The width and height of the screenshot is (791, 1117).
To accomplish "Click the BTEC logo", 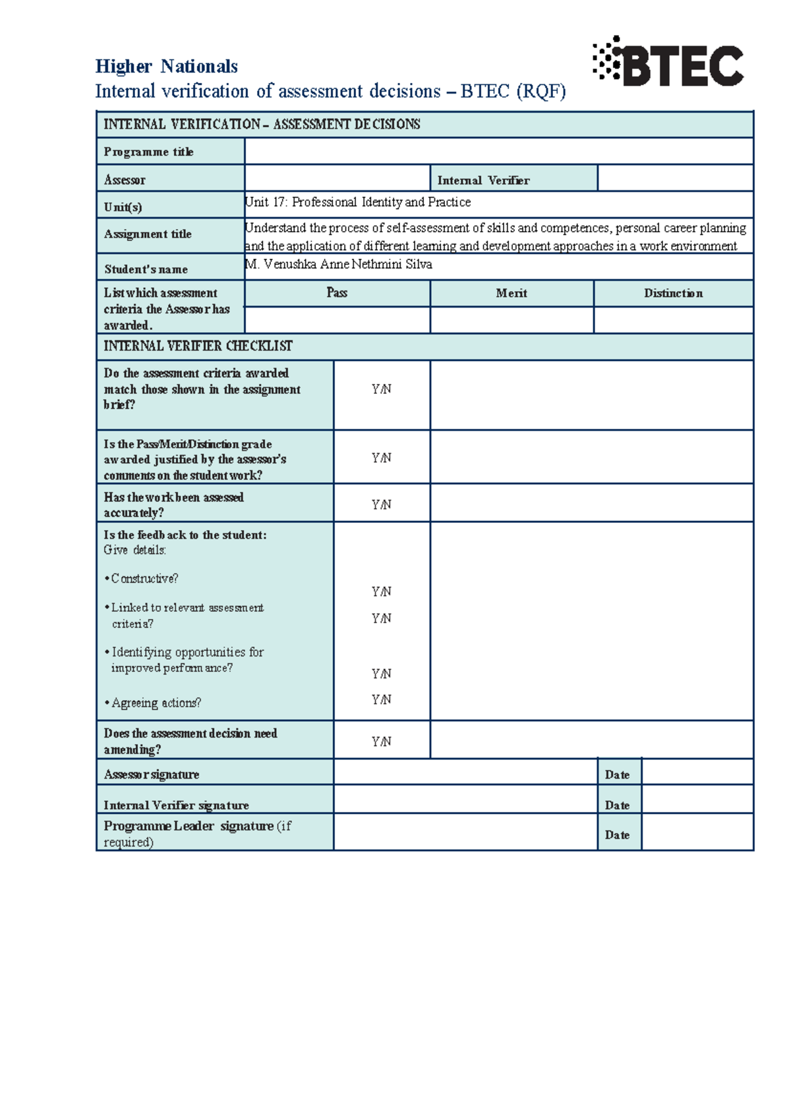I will [668, 63].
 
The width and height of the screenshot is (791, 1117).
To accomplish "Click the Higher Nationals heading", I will [166, 67].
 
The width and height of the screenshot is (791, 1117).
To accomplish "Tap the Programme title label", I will [148, 152].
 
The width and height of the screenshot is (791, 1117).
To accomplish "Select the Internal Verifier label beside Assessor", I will [483, 180].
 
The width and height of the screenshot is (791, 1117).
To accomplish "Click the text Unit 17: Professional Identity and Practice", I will [357, 202].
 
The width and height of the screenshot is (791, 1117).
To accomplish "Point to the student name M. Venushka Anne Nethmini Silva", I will [338, 264].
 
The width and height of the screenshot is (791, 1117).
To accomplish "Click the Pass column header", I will [337, 293].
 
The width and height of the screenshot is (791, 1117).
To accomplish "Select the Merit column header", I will [511, 294].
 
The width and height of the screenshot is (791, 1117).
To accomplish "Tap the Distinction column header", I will [673, 294].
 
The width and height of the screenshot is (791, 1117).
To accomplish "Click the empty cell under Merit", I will [511, 320].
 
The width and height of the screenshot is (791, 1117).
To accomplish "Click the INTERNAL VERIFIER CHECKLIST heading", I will [198, 346].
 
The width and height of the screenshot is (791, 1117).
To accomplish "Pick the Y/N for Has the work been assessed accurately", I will [381, 504].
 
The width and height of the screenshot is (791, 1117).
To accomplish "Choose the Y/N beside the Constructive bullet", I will [381, 591].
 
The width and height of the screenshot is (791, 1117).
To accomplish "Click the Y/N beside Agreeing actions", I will [381, 699].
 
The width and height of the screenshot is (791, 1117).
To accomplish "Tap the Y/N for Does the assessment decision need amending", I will [381, 742].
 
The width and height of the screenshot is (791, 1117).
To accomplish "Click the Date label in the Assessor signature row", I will [617, 775].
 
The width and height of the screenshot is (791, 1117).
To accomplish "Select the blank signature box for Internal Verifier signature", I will [465, 800].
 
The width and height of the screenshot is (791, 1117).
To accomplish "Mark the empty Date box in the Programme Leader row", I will [697, 832].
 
